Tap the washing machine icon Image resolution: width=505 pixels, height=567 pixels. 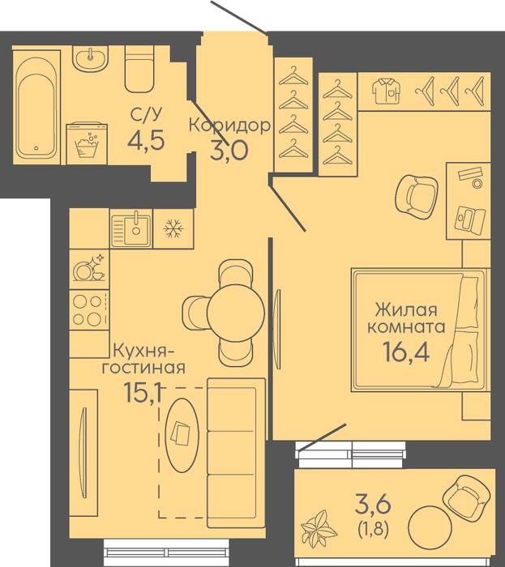coord(87,143)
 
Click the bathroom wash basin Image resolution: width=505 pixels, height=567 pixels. coord(90,58)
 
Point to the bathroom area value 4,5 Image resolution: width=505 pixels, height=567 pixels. coord(146,140)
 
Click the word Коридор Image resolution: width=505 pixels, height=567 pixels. coord(229,125)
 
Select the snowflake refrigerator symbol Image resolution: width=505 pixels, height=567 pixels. coord(173,229)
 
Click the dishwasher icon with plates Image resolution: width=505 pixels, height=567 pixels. coord(89,269)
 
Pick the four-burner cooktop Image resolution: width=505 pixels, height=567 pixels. coord(89,310)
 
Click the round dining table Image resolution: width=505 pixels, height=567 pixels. coord(236,311)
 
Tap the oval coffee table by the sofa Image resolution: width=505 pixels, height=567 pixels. coord(182,435)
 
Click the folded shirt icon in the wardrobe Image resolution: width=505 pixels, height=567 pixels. coord(387,92)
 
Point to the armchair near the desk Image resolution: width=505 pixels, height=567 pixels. coord(417,197)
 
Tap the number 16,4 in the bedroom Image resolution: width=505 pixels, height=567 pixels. coord(406,352)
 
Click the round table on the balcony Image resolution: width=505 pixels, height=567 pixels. coord(430,527)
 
